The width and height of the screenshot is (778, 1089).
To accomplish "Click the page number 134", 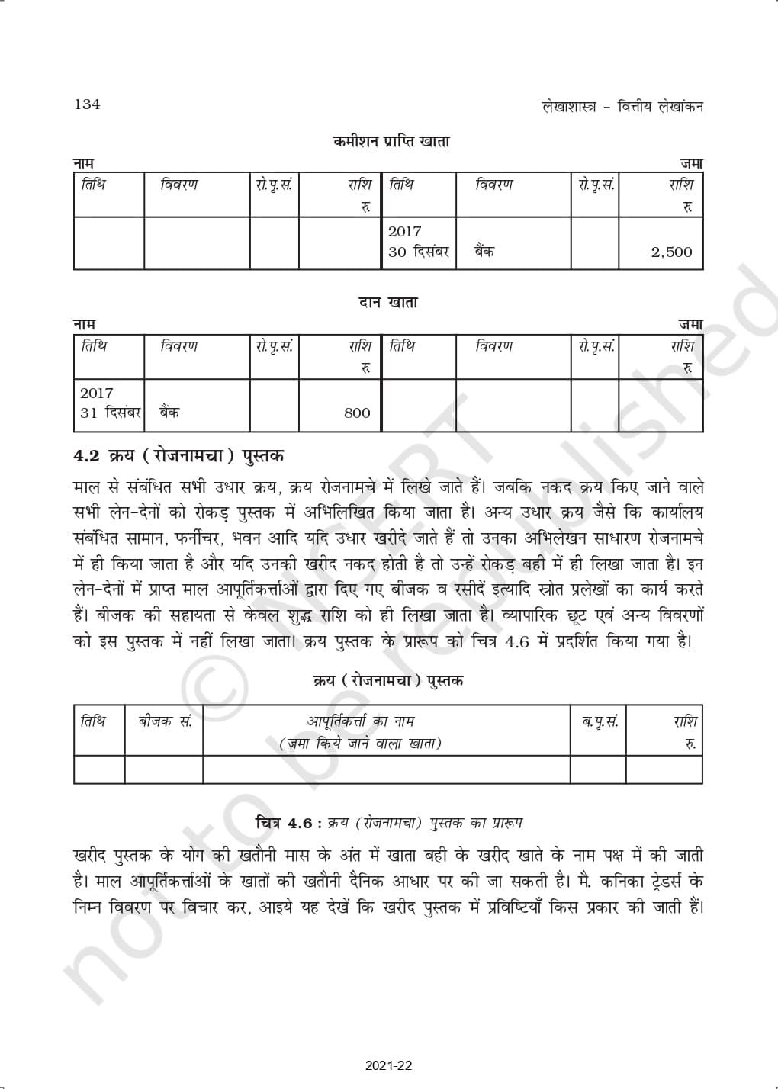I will (87, 104).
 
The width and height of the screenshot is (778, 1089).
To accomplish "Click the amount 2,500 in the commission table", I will (671, 252).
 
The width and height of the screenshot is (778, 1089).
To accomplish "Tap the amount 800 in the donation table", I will (357, 413).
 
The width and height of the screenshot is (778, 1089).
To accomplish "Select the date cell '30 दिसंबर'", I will (418, 252).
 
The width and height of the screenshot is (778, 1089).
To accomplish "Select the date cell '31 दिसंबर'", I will (111, 413).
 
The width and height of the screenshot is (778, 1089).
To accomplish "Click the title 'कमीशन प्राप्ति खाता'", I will (391, 141).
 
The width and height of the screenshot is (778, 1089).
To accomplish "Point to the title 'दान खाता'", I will (388, 303).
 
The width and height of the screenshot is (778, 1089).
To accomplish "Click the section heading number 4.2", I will (86, 456).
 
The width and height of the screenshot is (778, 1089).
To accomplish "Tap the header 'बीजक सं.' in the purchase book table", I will (164, 721).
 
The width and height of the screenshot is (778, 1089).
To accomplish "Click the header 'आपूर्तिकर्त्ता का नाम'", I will (360, 721).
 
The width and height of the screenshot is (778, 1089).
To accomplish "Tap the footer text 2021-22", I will (389, 1065).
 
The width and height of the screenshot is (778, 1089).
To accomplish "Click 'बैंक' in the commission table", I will (484, 252).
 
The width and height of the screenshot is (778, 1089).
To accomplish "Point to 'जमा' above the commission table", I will (691, 163).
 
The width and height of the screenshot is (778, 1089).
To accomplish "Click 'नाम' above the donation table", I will (83, 325).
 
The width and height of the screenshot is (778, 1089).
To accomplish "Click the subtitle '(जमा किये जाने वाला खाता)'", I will (360, 743).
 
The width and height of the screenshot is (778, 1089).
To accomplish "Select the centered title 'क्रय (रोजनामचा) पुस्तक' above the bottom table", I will (388, 679).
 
